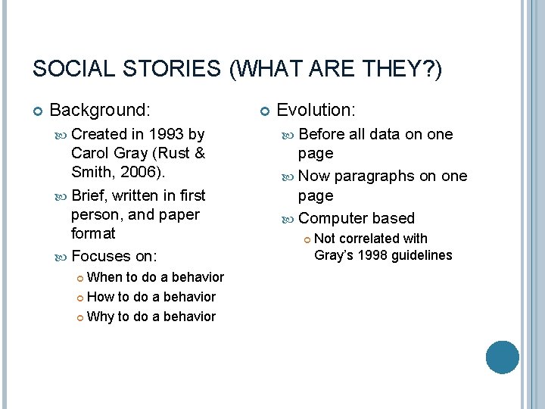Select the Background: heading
100,111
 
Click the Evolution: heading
316,111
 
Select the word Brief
90,195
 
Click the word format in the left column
93,234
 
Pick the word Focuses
101,256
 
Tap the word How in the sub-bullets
101,297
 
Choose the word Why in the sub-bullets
101,317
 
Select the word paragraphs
375,176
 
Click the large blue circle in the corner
502,357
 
